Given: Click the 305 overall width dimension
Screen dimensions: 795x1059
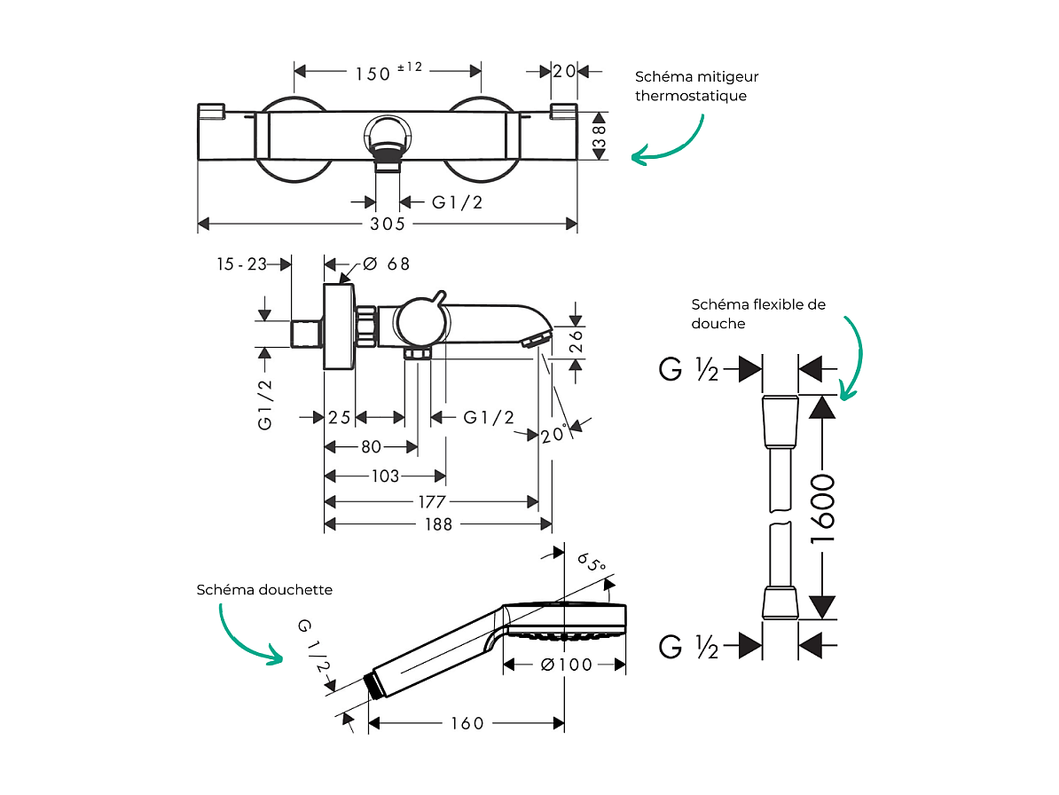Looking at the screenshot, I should click(388, 224).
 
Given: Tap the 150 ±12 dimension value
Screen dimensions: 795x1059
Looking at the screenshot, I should click(388, 72).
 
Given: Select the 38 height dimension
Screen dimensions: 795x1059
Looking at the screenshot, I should click(600, 136).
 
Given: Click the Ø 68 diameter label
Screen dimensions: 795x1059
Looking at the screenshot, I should click(387, 264).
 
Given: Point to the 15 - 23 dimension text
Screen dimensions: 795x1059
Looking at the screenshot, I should click(242, 264).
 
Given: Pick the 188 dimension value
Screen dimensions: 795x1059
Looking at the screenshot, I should click(437, 524).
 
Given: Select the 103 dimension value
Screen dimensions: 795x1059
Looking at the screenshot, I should click(384, 476).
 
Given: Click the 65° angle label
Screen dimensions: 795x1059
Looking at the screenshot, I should click(591, 564).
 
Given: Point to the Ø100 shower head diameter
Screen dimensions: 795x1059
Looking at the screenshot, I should click(564, 664).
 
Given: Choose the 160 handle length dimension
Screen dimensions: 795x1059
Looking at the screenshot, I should click(467, 724).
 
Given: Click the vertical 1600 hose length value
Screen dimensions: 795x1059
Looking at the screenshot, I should click(824, 508).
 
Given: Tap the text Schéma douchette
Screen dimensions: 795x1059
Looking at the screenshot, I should click(264, 589).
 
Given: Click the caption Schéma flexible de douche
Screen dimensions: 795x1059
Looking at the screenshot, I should click(758, 313).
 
